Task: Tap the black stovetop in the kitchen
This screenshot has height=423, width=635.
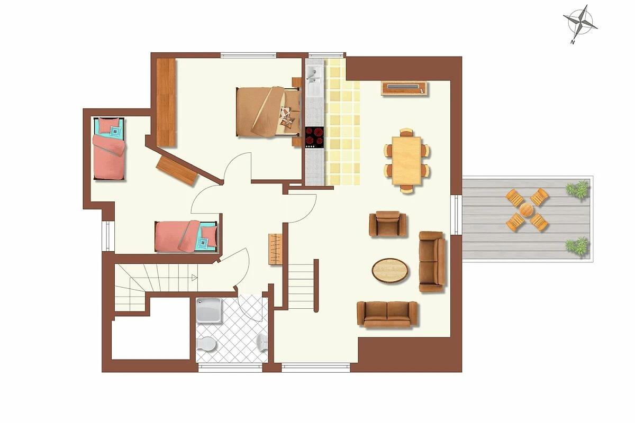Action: [314, 137]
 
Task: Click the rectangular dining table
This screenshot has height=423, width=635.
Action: [406, 161]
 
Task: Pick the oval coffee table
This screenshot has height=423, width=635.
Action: [390, 270]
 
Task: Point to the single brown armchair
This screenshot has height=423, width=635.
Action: [387, 224]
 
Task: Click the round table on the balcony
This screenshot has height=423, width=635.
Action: [527, 210]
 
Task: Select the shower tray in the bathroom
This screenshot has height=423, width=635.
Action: [208, 310]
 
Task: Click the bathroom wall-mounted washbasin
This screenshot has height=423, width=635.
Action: [262, 343]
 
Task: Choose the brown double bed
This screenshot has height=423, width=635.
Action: [268, 112]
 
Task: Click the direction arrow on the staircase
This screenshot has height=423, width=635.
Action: [195, 278]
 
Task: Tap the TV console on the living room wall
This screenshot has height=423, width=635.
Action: [404, 88]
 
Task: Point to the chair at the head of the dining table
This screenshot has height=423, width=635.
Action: [406, 133]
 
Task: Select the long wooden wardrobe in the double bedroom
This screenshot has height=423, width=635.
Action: [166, 103]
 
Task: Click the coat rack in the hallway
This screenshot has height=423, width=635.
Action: [275, 249]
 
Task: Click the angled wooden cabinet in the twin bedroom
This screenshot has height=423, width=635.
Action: [177, 171]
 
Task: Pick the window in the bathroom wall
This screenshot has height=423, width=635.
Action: [231, 368]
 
